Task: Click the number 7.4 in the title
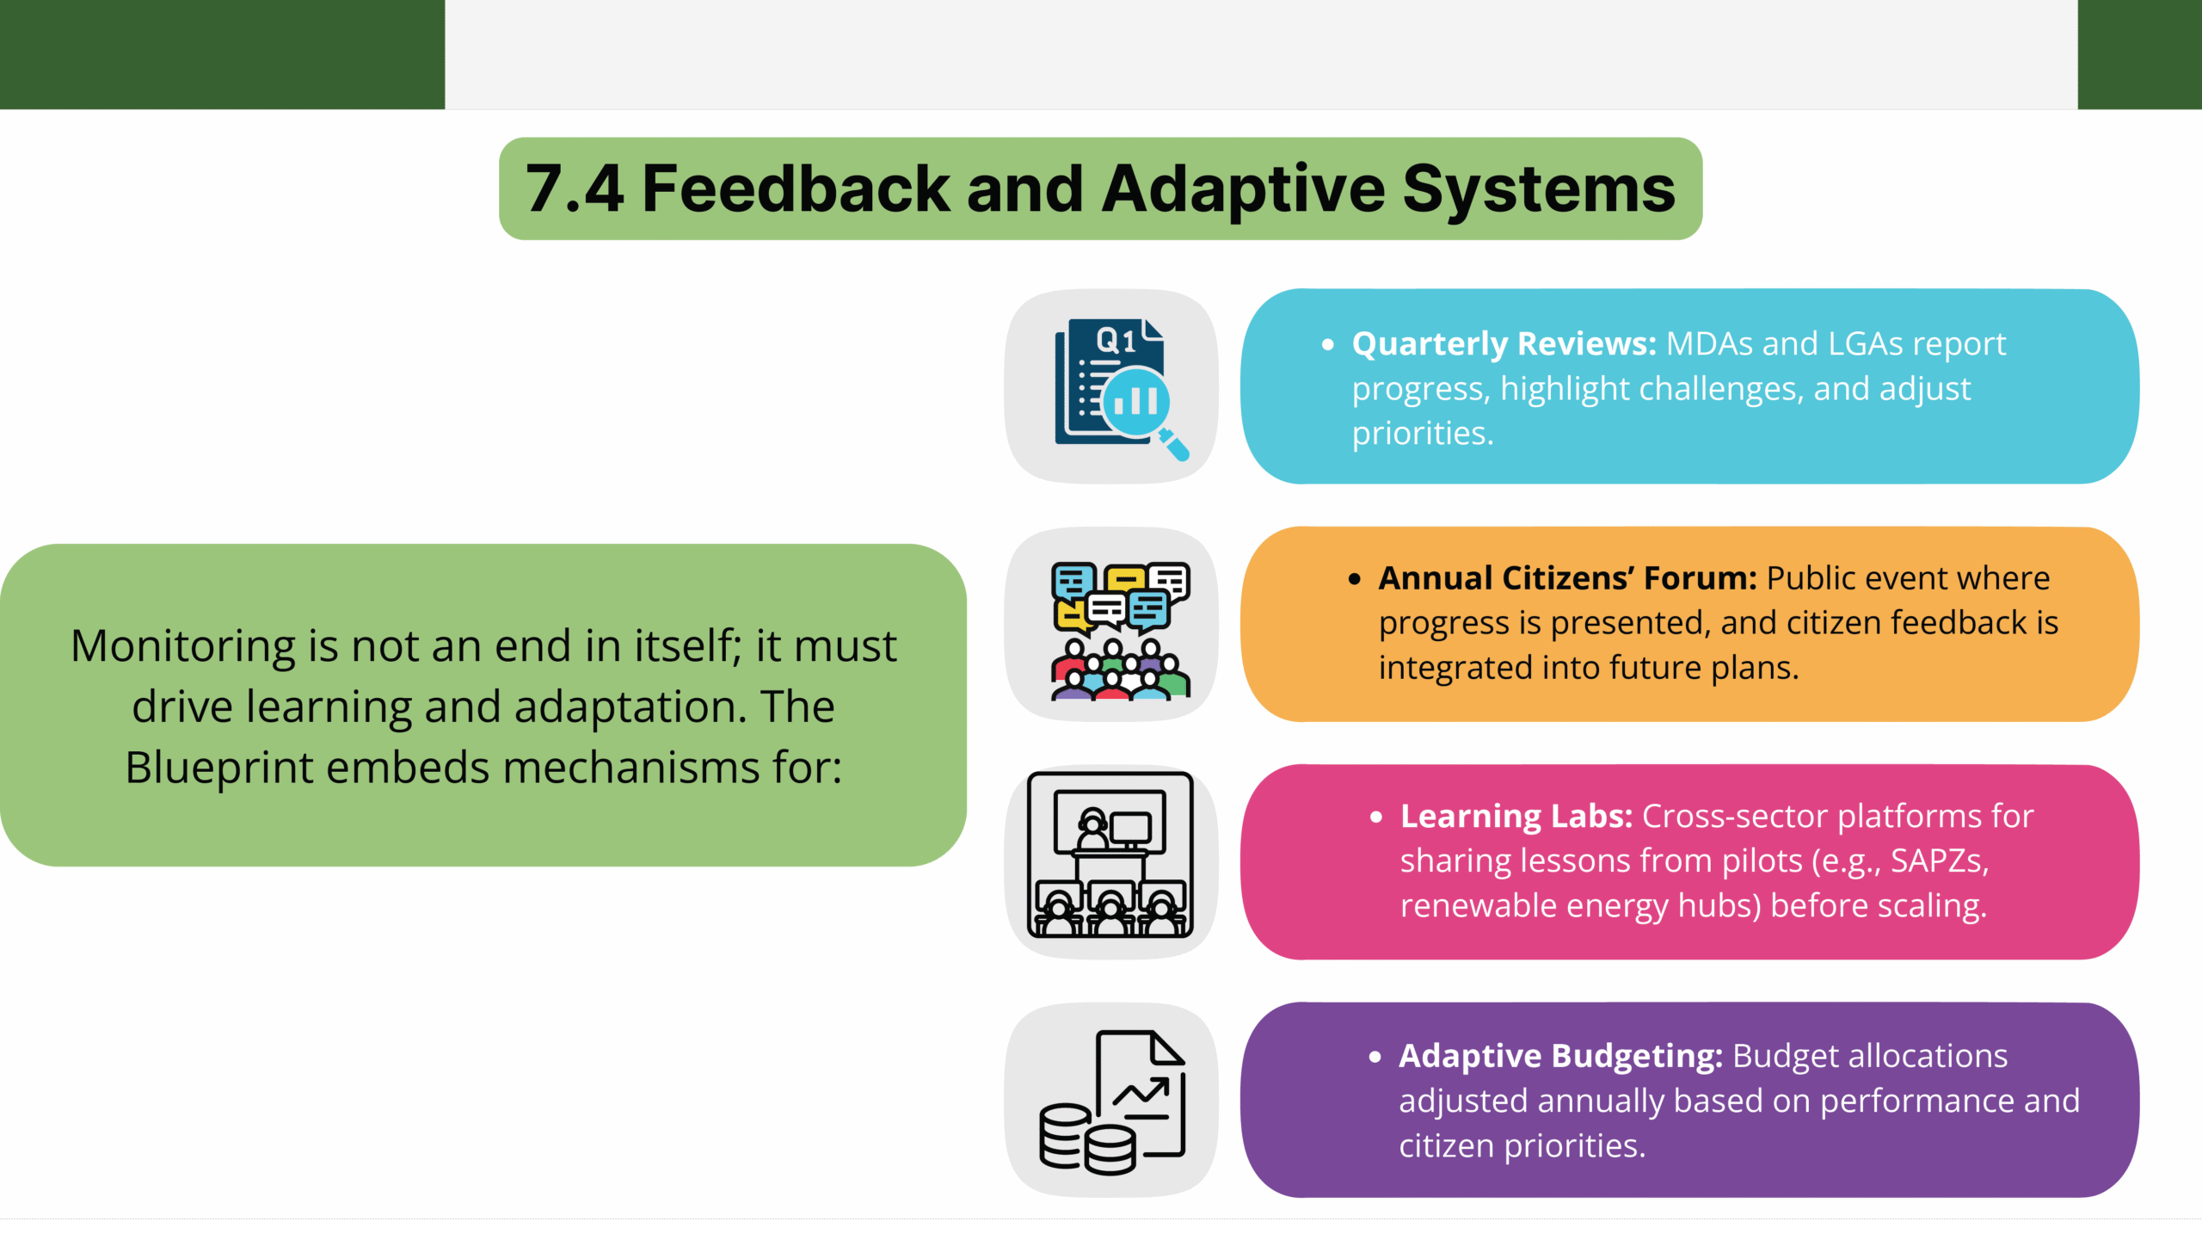click(x=574, y=189)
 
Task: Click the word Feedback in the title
click(x=796, y=189)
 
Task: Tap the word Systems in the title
click(x=1539, y=189)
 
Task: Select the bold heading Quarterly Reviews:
click(x=1504, y=344)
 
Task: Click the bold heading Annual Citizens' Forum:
click(x=1567, y=578)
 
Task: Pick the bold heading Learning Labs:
click(x=1516, y=816)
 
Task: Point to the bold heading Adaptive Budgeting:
click(x=1560, y=1056)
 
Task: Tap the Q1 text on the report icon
click(x=1116, y=341)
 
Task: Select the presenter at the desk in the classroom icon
click(x=1092, y=830)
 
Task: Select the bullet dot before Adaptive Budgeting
click(x=1375, y=1057)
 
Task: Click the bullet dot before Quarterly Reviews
click(x=1328, y=345)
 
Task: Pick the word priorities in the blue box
click(x=1421, y=434)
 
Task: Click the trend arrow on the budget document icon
click(x=1141, y=1093)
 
